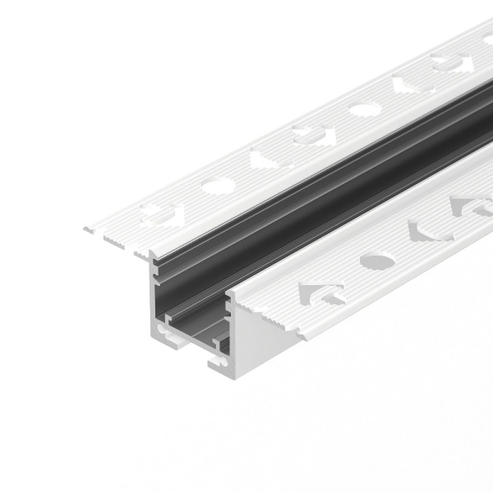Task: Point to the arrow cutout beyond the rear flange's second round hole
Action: tap(408, 85)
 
